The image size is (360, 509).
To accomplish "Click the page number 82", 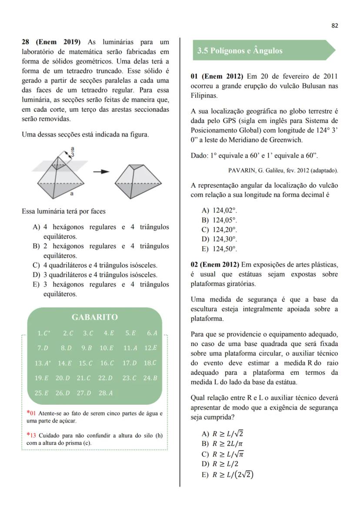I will pyautogui.click(x=334, y=26).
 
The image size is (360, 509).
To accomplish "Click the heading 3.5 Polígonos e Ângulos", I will pyautogui.click(x=240, y=50).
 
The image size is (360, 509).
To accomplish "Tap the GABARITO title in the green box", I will pyautogui.click(x=95, y=317).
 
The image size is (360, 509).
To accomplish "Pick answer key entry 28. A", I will pyautogui.click(x=106, y=393).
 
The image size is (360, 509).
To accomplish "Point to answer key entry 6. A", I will pyautogui.click(x=152, y=333).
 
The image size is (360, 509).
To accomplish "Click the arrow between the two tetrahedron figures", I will pyautogui.click(x=101, y=171).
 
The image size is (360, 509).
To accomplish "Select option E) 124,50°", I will pyautogui.click(x=220, y=249).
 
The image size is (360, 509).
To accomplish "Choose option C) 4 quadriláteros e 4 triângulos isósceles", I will pyautogui.click(x=96, y=265).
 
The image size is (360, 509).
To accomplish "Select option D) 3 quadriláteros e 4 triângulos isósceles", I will pyautogui.click(x=96, y=275).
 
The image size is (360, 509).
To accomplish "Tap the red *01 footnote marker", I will pyautogui.click(x=31, y=413).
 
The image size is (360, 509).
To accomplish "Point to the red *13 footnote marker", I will pyautogui.click(x=31, y=435).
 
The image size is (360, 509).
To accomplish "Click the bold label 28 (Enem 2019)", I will pyautogui.click(x=51, y=42).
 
